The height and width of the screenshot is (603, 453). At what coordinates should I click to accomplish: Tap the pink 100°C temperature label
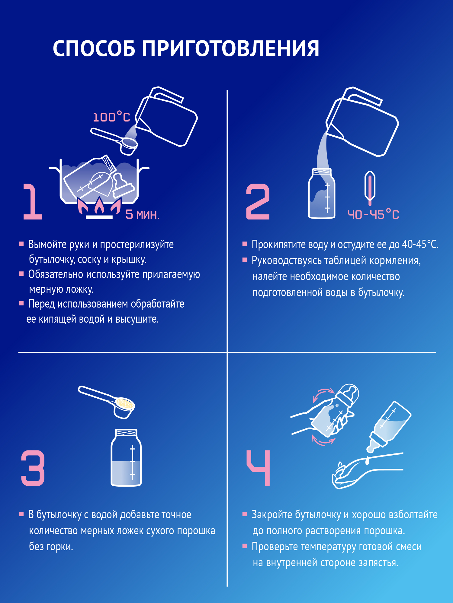[111, 117]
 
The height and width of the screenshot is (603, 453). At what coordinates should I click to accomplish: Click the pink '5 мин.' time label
[142, 215]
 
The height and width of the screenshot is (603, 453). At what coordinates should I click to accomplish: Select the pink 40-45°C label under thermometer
[373, 215]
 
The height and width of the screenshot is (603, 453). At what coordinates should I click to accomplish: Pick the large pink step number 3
[33, 468]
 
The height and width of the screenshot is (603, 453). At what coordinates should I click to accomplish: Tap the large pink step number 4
[259, 468]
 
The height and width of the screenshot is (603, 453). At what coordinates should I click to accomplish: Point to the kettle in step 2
[362, 124]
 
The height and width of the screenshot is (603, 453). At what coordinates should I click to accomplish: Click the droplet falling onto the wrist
[368, 461]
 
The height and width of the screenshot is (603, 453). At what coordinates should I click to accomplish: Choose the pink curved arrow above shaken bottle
[323, 393]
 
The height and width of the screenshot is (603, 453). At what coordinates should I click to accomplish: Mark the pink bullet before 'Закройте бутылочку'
[245, 514]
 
